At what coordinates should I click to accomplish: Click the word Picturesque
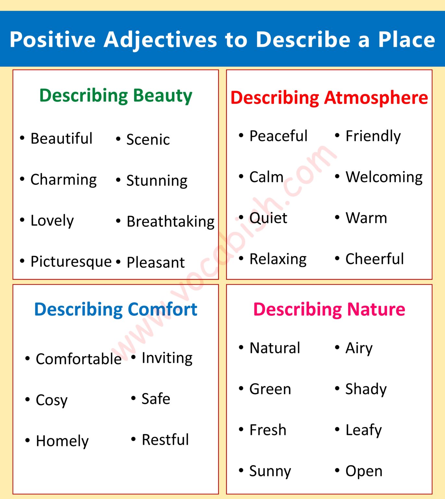pos(71,262)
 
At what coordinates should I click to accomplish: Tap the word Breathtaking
pos(170,222)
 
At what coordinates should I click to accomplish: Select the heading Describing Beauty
pos(116,96)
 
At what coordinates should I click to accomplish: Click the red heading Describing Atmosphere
pos(329,97)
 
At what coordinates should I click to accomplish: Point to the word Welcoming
pos(384,177)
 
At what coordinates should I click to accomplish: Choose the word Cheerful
pos(375,259)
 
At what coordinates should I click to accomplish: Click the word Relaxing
pos(278,259)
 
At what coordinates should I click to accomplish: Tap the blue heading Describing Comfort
pos(116,309)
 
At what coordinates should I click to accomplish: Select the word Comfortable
pos(79,359)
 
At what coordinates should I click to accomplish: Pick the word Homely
pos(62,441)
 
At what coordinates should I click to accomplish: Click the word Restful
pos(165,440)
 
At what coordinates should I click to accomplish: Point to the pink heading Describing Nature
pos(329,309)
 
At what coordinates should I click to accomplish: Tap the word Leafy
pos(364,430)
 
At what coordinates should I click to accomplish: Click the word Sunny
pos(270,471)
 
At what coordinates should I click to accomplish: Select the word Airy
pos(359,348)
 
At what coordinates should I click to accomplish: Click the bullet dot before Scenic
pos(118,139)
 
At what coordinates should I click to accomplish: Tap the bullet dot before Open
pos(337,470)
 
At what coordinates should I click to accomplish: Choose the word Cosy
pos(52,400)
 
